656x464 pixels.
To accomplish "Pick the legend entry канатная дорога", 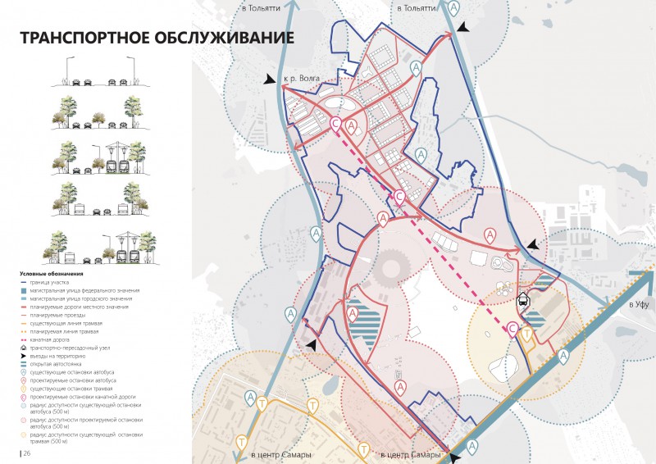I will (x=57, y=339).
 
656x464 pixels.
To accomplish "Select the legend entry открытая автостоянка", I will (x=61, y=363).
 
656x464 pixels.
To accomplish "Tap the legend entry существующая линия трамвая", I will (x=71, y=323).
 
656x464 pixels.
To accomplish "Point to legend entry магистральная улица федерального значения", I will (x=89, y=290).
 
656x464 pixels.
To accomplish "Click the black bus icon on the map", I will (x=522, y=301).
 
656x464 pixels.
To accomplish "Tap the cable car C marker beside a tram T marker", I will (x=513, y=330).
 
